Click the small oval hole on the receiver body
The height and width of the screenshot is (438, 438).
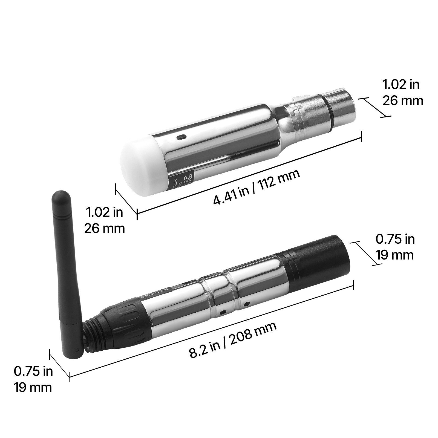pyautogui.click(x=181, y=136)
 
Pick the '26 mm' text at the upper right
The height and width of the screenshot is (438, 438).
pyautogui.click(x=402, y=100)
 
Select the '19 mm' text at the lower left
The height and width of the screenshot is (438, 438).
pyautogui.click(x=33, y=387)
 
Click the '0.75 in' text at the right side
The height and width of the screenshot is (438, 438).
pyautogui.click(x=395, y=239)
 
